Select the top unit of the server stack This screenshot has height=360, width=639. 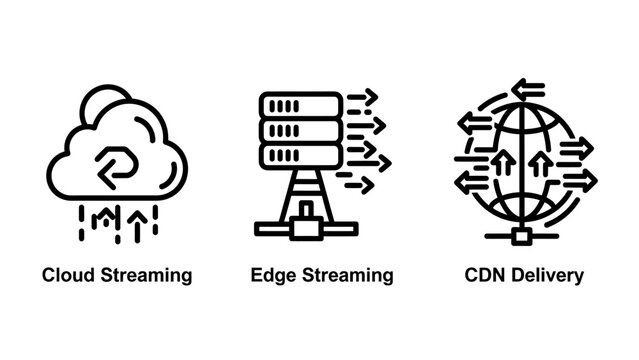[300, 106]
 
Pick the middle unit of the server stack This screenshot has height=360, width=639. [300, 131]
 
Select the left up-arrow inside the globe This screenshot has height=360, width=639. [496, 160]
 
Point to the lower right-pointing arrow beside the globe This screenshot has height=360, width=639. [579, 180]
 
